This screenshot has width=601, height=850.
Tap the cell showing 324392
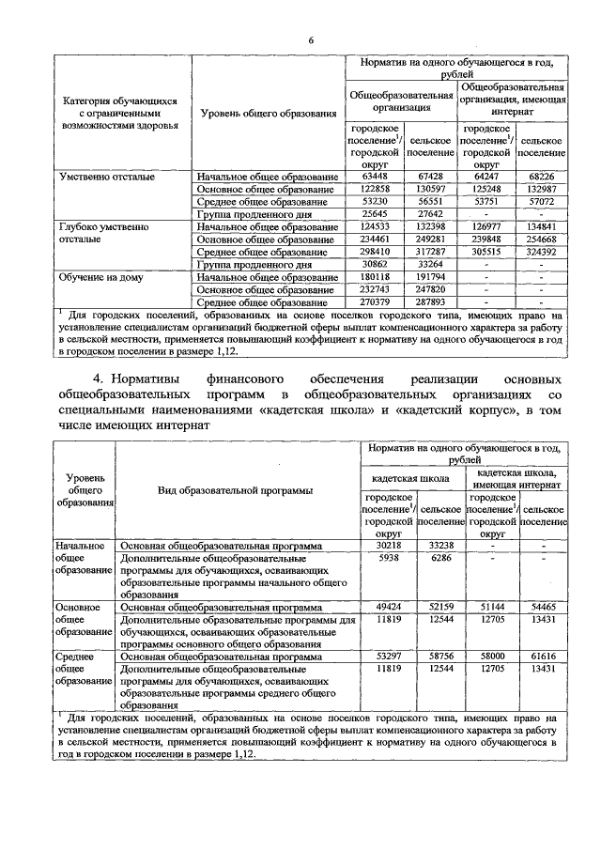[x=542, y=253]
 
